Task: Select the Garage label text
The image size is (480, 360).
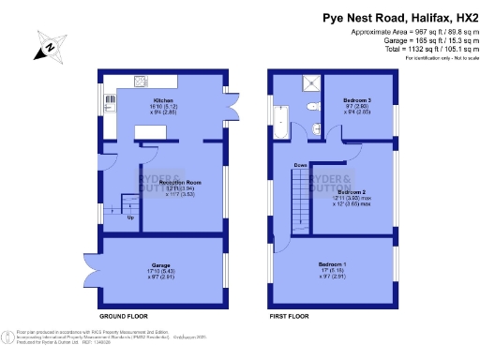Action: [x=162, y=265]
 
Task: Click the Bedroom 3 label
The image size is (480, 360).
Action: [x=357, y=99]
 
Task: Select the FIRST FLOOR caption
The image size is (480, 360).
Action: [x=289, y=318]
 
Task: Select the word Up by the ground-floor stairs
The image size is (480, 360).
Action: [x=129, y=217]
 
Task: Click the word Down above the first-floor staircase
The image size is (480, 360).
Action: [x=300, y=166]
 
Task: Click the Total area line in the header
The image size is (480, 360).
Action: [x=419, y=50]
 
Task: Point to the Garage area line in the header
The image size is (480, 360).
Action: [x=419, y=41]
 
